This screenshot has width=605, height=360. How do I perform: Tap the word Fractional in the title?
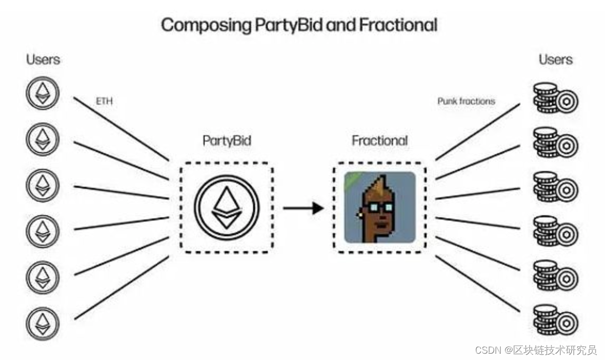(397, 25)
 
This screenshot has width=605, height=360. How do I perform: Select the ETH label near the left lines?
(104, 101)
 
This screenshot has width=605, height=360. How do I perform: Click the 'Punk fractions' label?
(466, 101)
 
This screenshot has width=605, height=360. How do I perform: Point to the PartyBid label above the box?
(227, 141)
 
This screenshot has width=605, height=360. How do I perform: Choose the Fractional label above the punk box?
(379, 141)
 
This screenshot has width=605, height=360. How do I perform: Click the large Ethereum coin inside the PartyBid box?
(227, 207)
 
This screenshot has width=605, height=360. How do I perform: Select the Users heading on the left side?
(43, 59)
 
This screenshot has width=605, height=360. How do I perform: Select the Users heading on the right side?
(555, 59)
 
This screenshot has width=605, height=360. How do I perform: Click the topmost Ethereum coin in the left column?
(42, 95)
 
